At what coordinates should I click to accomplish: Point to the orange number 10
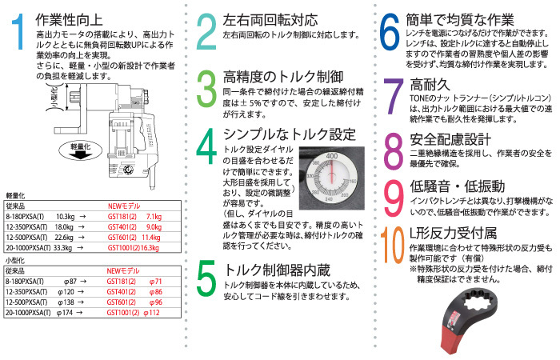click(390, 247)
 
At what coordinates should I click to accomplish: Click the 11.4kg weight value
click(152, 238)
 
